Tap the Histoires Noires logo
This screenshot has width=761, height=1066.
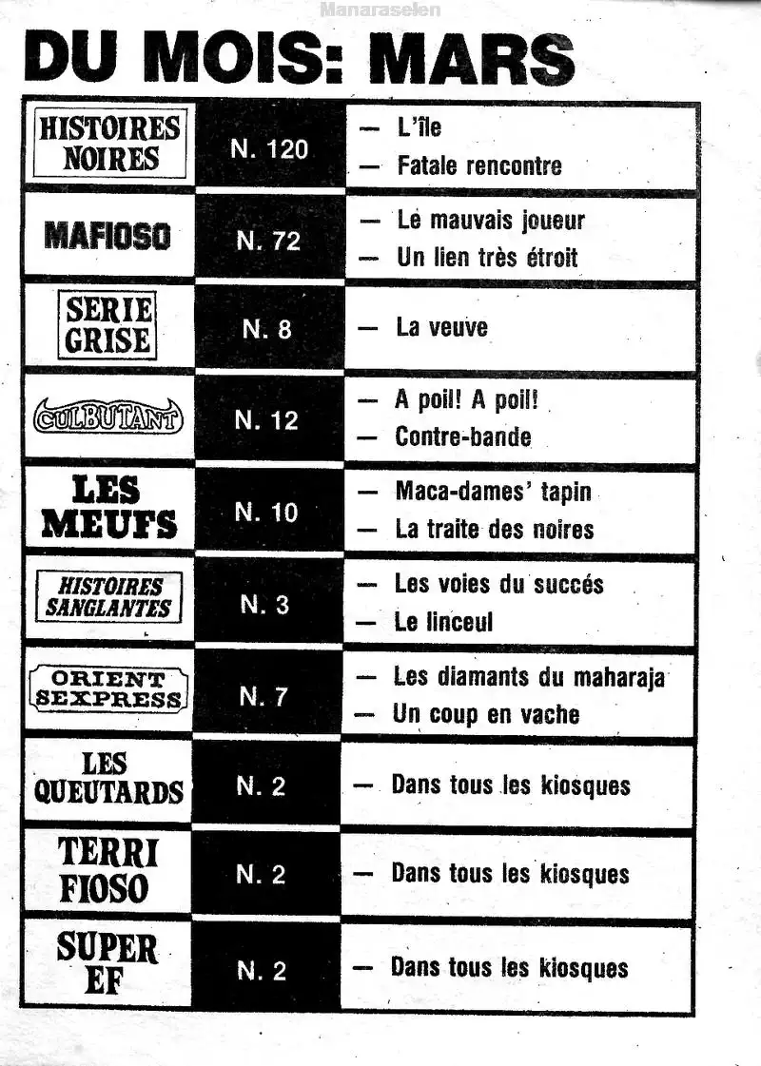108,144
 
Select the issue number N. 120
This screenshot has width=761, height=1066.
270,149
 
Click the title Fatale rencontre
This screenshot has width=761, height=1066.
478,165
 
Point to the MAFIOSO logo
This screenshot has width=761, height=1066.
107,236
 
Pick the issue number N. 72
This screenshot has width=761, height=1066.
268,241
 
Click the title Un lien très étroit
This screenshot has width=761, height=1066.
486,257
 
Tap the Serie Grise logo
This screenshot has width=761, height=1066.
108,325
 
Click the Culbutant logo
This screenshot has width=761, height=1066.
108,417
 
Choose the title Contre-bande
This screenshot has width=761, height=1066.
462,436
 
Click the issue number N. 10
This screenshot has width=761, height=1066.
266,513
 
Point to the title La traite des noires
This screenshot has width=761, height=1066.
494,529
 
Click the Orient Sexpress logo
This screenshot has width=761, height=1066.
107,689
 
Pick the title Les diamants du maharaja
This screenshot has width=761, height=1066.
529,677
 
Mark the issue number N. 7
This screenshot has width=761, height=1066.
263,697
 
